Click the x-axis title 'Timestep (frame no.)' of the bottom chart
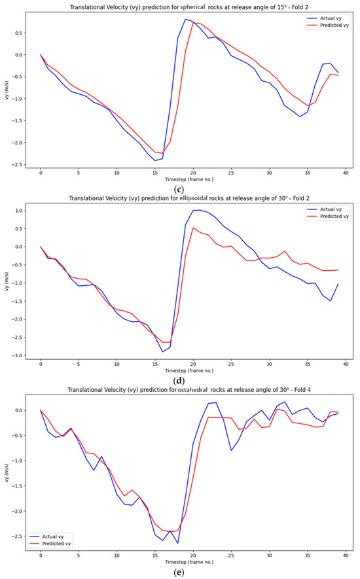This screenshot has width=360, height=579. click(x=189, y=561)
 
